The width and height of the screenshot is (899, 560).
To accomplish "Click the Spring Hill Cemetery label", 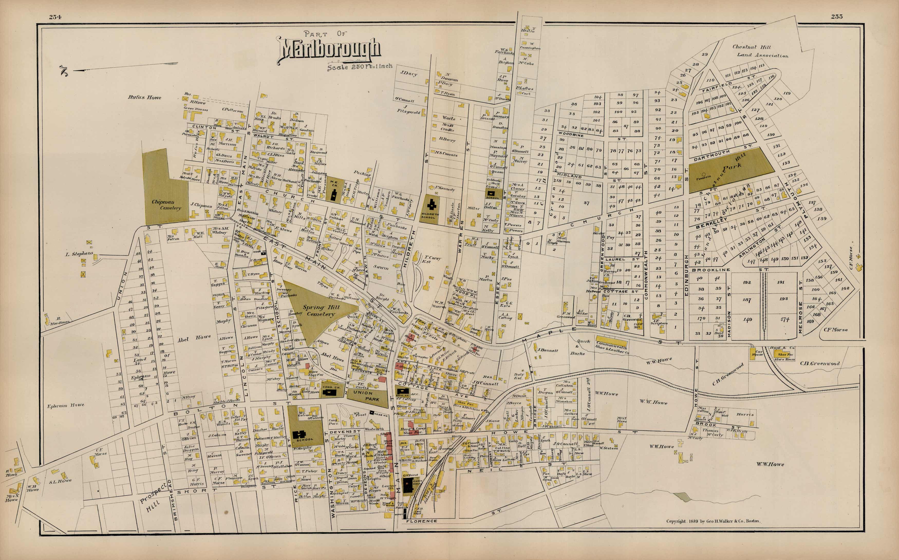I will click(x=321, y=310).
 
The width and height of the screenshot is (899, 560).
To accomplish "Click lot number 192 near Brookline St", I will click(x=747, y=282).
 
